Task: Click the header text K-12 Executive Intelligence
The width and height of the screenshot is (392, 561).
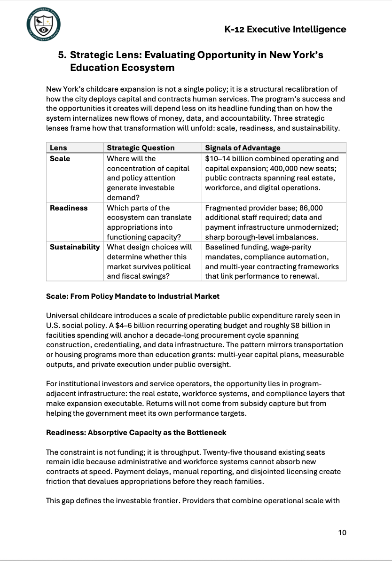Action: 286,29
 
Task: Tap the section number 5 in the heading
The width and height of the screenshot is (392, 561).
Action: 62,55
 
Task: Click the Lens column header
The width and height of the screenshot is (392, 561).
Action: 58,148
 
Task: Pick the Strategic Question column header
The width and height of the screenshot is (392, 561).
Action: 141,148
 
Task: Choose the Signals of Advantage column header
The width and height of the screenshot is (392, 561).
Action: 243,148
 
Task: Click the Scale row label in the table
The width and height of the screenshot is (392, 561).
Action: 60,158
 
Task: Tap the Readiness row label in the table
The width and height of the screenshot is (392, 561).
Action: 69,208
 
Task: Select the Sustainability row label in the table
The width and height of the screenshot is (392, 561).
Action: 75,247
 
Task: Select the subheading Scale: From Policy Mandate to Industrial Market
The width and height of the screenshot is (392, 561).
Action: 133,296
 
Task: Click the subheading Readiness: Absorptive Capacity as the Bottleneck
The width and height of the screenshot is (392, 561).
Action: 136,433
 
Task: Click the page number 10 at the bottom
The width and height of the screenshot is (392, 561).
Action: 342,532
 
